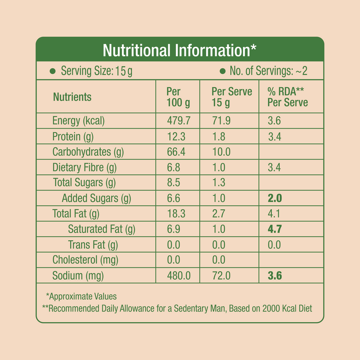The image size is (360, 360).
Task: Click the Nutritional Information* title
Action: point(180,50)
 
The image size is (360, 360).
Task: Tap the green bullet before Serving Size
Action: point(52,71)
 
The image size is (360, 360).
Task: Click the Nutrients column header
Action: point(72,97)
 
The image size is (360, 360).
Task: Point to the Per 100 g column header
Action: point(178,97)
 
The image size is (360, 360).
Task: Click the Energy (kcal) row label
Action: point(78,121)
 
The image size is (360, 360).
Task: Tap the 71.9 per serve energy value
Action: point(220,121)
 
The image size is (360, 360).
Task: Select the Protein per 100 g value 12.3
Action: point(176,136)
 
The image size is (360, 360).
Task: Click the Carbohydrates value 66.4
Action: point(176,152)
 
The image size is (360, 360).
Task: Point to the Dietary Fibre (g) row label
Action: point(84,168)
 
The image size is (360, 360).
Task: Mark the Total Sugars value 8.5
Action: point(174,183)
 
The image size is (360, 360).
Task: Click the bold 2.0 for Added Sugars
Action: point(274,198)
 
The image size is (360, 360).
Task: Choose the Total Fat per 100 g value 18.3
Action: point(176,214)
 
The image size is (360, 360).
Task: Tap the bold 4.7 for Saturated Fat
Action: point(274,229)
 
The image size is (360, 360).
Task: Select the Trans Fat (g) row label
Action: point(93,245)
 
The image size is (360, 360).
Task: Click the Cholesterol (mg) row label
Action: point(85,260)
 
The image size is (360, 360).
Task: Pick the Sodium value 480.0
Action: point(178,276)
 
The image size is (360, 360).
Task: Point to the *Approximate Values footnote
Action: point(81,297)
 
